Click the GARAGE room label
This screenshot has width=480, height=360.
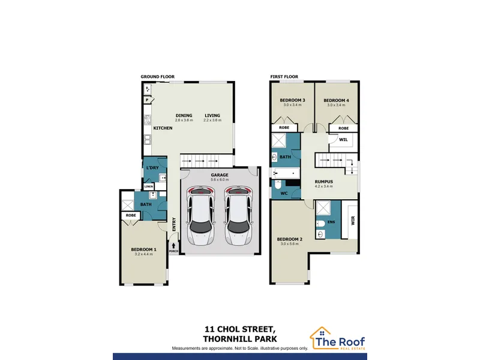coord(220,175)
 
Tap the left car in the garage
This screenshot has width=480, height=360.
coord(201,216)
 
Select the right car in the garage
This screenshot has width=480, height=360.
coord(238,216)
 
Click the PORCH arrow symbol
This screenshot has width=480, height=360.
coord(173,245)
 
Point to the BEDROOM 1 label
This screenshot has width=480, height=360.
coord(143,250)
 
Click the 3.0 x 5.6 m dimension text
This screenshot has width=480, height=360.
coord(290,244)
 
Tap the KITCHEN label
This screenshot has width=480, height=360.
coord(163,128)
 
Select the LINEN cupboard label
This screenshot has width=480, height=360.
coord(148,187)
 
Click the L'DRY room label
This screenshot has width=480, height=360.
coord(152,168)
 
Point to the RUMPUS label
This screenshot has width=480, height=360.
coord(323,182)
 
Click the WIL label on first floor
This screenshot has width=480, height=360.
coord(343,140)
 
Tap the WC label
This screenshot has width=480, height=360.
coord(284,193)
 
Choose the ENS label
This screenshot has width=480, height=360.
coord(331,222)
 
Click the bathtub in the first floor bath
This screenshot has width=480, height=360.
coord(286,173)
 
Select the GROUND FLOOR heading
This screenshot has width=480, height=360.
coord(158,77)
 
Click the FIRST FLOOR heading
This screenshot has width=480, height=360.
coord(284,77)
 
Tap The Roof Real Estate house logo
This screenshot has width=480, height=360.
coord(321,337)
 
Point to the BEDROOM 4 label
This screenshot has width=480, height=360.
coord(336,100)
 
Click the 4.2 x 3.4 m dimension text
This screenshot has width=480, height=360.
coord(323,186)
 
